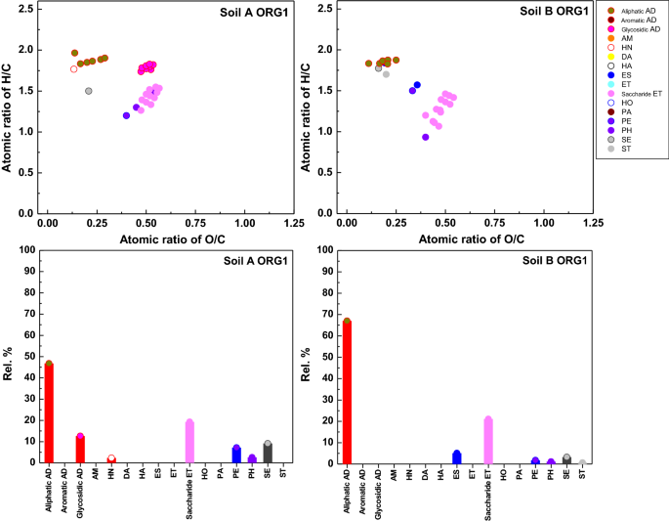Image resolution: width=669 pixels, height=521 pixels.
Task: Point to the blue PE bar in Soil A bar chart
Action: (x=236, y=455)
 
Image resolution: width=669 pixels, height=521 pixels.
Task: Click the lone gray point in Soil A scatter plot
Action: (x=88, y=91)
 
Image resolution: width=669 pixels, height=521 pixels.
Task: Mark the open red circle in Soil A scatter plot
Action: (x=73, y=68)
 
